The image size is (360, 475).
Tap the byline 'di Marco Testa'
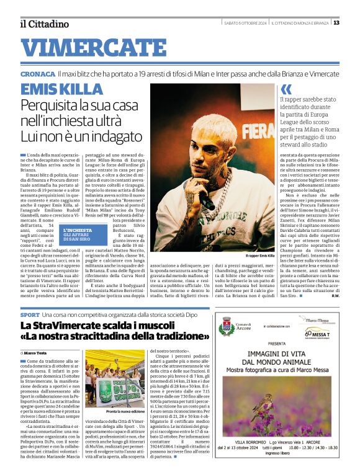(x=38, y=352)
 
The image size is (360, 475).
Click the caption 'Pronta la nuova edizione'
(x=114, y=412)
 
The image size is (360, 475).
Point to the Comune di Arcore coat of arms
(x=227, y=326)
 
